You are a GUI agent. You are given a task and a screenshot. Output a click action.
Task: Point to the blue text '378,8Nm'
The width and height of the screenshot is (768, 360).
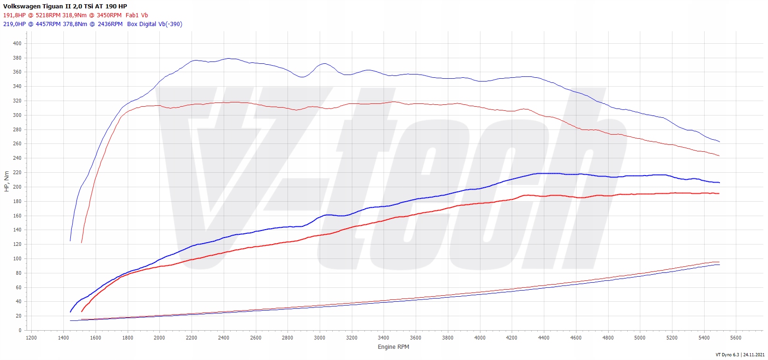75,24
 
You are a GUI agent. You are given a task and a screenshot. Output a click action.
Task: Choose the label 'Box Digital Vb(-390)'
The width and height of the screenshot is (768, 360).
154,24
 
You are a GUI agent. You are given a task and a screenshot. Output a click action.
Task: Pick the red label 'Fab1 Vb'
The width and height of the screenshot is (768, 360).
137,15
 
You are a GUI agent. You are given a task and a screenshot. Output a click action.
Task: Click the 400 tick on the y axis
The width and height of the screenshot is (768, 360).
17,43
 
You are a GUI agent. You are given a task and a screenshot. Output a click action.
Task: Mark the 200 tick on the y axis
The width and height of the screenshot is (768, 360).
17,187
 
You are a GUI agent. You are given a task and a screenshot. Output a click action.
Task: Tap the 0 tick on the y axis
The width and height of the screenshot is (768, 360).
20,330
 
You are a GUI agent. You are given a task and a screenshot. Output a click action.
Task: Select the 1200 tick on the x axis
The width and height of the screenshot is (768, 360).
31,338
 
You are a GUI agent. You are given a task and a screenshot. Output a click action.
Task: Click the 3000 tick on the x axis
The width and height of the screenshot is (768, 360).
320,338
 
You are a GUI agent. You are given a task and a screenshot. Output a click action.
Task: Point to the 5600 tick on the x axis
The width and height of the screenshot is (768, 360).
736,338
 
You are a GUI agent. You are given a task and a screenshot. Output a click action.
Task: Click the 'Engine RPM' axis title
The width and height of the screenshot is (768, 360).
393,346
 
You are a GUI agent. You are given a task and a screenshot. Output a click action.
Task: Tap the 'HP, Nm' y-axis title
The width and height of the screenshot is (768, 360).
7,182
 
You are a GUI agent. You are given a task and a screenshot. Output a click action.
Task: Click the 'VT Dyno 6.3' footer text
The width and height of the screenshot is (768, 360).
727,355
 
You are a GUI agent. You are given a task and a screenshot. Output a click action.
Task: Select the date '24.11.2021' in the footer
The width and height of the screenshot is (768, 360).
754,355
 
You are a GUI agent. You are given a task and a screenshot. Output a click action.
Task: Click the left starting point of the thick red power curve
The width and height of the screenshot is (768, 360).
82,312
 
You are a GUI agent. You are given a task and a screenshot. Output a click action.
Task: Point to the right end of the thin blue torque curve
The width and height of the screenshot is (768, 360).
720,142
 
